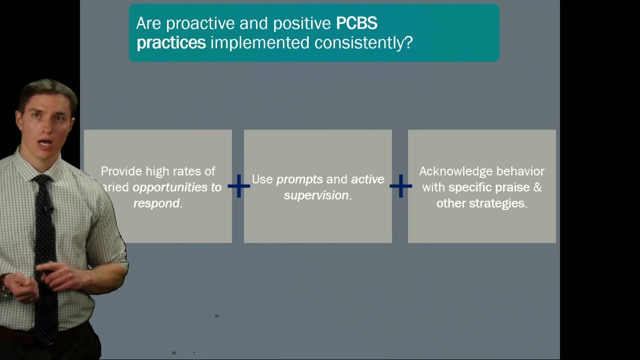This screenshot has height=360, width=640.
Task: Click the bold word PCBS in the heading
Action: pos(356,23)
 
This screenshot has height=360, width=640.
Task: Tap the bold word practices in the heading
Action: pos(171,43)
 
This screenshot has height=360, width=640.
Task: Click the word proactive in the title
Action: pos(200,23)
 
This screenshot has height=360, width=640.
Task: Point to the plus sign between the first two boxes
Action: pos(239,186)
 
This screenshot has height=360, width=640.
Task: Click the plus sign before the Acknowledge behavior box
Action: pos(401,186)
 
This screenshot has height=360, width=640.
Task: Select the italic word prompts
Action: pos(299,179)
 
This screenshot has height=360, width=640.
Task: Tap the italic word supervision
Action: pos(316,195)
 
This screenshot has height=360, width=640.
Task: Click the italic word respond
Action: pos(156,203)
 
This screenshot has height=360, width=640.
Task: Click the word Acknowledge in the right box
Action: pos(456,171)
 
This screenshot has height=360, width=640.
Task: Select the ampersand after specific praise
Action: pos(537,187)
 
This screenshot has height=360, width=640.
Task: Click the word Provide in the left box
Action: pos(121,171)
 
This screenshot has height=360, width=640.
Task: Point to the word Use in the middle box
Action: pos(262,179)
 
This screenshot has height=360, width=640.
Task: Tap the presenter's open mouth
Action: pos(45,142)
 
